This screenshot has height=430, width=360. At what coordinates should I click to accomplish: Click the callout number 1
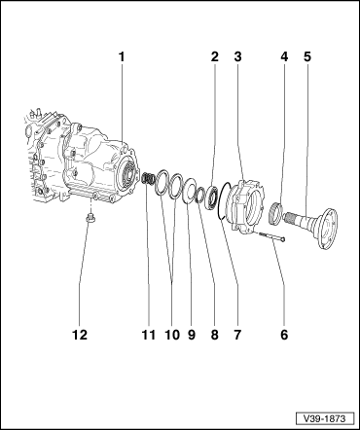click(122, 57)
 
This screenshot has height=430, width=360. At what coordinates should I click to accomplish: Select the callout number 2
click(215, 57)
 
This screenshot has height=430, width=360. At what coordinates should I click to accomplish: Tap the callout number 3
click(238, 57)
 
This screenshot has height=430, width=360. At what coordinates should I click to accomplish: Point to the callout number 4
click(284, 57)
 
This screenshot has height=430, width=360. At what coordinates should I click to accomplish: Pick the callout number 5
click(307, 57)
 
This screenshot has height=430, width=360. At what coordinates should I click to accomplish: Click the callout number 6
click(284, 335)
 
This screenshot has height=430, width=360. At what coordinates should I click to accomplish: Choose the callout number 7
click(237, 335)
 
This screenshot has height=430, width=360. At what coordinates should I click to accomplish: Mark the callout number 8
click(215, 335)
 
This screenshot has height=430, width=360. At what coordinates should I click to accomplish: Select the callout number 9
click(192, 335)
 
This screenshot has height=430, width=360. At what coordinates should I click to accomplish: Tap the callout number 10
click(172, 335)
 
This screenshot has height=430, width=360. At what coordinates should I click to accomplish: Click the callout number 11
click(149, 335)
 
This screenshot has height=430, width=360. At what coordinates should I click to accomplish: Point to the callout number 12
click(80, 335)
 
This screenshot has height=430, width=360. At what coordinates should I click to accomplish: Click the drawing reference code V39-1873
click(324, 418)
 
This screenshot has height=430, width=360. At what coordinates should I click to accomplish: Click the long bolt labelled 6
click(270, 235)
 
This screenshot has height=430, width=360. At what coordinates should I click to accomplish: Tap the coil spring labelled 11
click(148, 179)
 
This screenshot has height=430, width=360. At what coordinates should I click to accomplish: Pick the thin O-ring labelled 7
click(222, 201)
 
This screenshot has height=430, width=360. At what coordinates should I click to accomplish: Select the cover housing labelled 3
click(247, 205)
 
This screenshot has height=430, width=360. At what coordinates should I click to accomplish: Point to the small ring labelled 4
click(276, 212)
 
